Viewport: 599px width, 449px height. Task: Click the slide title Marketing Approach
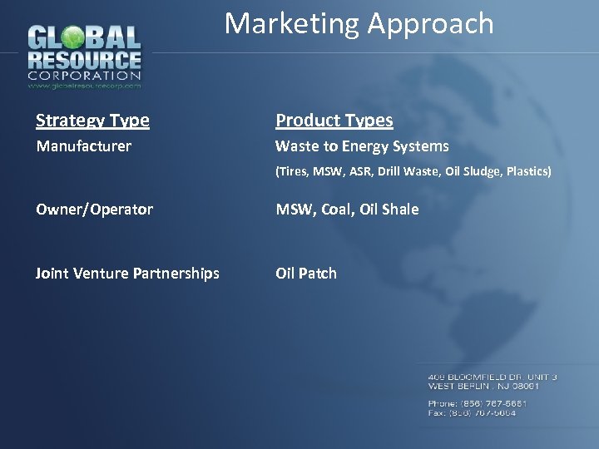(x=359, y=23)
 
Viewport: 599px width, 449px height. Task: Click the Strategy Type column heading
(x=92, y=121)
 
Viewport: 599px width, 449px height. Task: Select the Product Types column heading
(x=334, y=121)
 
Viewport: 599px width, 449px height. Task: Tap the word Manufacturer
(x=83, y=146)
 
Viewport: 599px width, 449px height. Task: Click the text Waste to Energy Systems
(x=362, y=146)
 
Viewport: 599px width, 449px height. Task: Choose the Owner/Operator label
(x=94, y=210)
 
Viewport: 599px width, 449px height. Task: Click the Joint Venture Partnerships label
(x=127, y=273)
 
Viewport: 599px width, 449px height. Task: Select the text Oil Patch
(x=306, y=273)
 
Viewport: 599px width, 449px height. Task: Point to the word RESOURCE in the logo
(x=84, y=60)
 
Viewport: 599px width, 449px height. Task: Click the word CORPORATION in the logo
(x=84, y=76)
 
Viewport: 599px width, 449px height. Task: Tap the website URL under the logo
(x=84, y=85)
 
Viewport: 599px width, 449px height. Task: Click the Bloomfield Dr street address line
(x=493, y=377)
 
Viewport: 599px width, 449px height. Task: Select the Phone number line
(x=477, y=403)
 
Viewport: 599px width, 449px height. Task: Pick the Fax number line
(x=472, y=412)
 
